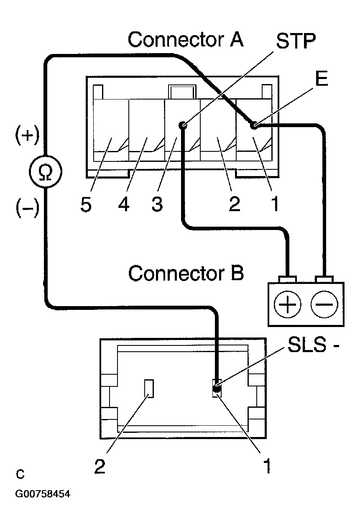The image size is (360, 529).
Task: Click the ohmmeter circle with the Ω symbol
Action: click(x=45, y=171)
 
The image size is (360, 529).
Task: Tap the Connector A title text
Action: click(x=186, y=39)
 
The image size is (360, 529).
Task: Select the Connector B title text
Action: click(x=186, y=273)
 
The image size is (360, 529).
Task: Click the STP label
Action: click(x=296, y=41)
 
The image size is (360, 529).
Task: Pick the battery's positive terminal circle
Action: click(x=287, y=304)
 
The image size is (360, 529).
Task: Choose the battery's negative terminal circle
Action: click(x=324, y=304)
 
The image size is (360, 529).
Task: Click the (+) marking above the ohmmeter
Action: click(x=27, y=135)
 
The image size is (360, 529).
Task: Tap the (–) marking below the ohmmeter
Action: click(x=27, y=208)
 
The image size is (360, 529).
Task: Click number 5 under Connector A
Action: click(x=86, y=204)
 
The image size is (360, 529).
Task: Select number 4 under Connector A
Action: click(x=124, y=204)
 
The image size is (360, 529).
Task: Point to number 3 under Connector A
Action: click(x=157, y=204)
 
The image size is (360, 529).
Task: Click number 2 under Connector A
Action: click(x=235, y=204)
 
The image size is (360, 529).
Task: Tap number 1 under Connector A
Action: click(x=275, y=204)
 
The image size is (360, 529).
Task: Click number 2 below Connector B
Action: click(x=100, y=466)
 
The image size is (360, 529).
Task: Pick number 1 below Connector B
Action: click(x=267, y=466)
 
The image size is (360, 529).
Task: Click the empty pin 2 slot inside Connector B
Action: click(x=149, y=388)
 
